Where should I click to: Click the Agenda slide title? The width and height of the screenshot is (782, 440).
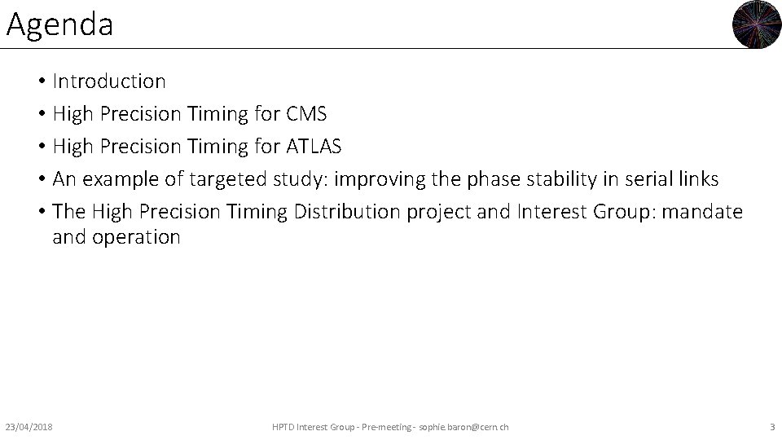coord(59,24)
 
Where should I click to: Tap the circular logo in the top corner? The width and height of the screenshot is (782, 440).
coord(757,24)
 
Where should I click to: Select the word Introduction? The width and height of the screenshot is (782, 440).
coord(109,81)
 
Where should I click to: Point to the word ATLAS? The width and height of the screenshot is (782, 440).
coord(314,147)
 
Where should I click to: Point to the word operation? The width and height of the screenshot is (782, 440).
coord(135,237)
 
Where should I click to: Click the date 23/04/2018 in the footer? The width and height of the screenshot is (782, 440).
coord(29,427)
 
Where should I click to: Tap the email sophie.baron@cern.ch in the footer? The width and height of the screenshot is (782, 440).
coord(463,427)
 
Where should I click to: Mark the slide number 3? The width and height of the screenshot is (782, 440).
coord(771,427)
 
